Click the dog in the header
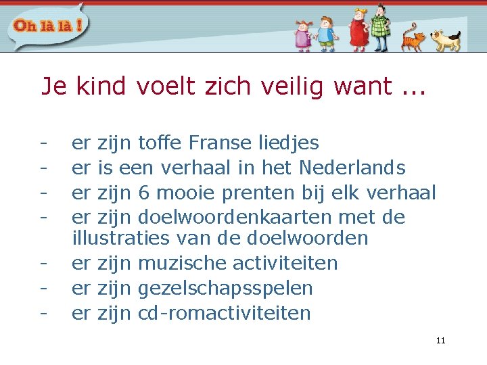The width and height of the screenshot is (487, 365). click(446, 40)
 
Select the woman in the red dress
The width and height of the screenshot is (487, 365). click(358, 30)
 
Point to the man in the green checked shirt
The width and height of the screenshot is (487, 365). click(380, 28)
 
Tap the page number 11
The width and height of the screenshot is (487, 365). click(440, 341)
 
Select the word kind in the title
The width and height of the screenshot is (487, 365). click(101, 86)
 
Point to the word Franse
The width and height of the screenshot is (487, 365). click(221, 143)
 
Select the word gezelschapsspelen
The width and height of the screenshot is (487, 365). click(225, 289)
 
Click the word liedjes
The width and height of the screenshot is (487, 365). click(289, 143)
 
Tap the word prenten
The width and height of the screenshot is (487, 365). click(259, 192)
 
